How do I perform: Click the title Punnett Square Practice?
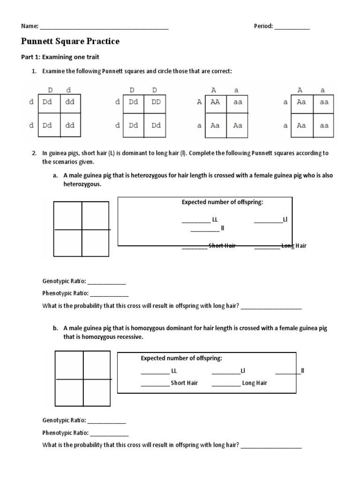click(70, 42)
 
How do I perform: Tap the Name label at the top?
click(30, 27)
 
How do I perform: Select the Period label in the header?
click(263, 27)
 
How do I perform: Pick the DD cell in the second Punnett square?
click(156, 102)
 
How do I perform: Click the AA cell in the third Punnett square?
click(215, 102)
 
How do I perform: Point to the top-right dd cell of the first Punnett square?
click(70, 102)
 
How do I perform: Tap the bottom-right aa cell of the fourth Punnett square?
click(324, 126)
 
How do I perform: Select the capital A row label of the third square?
click(200, 102)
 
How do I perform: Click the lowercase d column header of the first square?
click(69, 90)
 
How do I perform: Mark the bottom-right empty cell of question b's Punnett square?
click(97, 392)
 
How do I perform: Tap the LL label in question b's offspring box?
click(174, 371)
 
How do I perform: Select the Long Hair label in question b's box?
click(255, 383)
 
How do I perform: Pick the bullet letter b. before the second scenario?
click(55, 329)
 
